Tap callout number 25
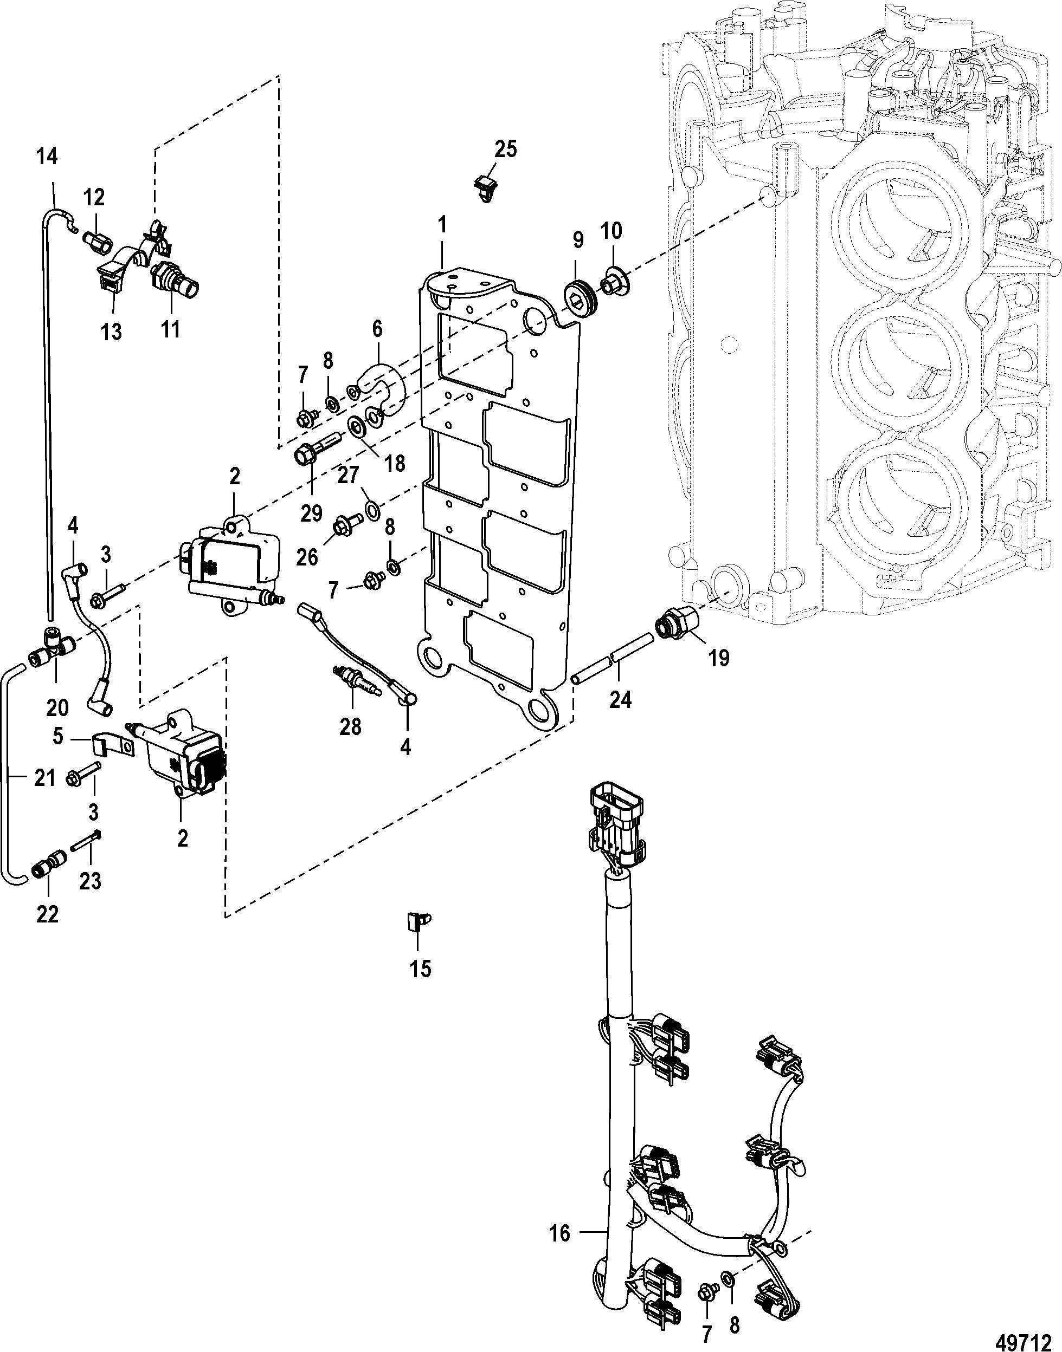pyautogui.click(x=505, y=149)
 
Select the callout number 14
pyautogui.click(x=47, y=157)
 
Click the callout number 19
pyautogui.click(x=719, y=658)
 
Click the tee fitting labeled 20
pyautogui.click(x=52, y=641)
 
